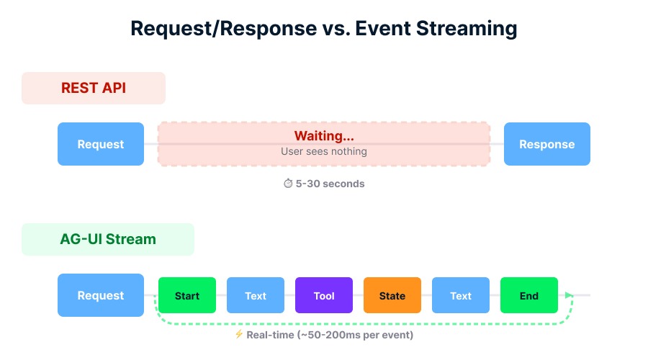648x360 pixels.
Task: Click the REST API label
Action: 94,88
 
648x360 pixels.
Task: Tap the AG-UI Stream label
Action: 108,239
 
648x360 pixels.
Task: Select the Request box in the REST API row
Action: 101,144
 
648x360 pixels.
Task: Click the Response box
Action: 547,144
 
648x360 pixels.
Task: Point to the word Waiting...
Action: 324,136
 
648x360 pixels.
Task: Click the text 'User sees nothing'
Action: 324,152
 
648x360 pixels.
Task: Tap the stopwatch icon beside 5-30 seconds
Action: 288,184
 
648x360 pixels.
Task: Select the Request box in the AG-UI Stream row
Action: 101,295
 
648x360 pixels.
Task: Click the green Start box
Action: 187,295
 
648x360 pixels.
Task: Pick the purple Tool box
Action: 324,295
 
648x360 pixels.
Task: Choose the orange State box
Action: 392,295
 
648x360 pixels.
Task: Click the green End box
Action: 529,295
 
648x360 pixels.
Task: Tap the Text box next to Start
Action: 256,295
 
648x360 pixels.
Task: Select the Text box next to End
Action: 461,295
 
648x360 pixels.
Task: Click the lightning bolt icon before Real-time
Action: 239,335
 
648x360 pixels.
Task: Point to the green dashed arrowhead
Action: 570,295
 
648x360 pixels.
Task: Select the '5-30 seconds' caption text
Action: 330,184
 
